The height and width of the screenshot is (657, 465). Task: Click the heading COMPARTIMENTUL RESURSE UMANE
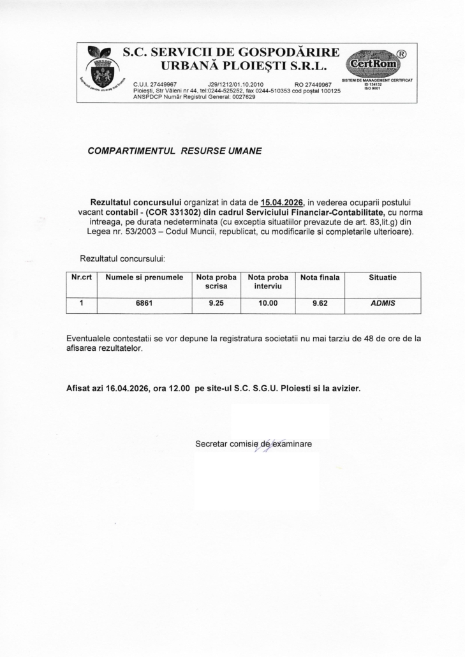(x=174, y=151)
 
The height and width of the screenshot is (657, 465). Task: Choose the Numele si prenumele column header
(x=144, y=278)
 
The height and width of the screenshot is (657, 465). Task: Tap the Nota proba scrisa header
(x=216, y=283)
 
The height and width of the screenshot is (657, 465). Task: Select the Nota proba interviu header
(x=268, y=283)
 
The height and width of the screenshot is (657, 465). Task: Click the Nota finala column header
(x=320, y=278)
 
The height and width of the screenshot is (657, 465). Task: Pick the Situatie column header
(x=383, y=278)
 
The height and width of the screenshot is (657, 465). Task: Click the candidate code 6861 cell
(x=144, y=304)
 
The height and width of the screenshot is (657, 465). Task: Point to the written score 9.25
(x=216, y=304)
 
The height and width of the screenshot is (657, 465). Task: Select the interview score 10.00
(x=268, y=304)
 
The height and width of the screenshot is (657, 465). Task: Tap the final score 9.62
(x=320, y=304)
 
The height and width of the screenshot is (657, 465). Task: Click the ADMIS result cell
(x=383, y=304)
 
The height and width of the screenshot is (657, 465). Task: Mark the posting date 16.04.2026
(x=128, y=387)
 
